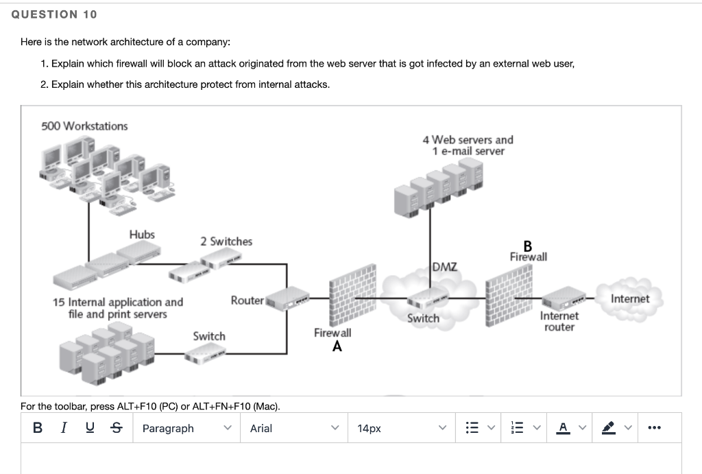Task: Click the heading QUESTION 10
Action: [54, 14]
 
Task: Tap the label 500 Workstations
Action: [84, 126]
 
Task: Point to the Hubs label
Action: [142, 235]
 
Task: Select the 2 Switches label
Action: [226, 241]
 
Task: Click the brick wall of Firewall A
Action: [352, 295]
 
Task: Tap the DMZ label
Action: [445, 266]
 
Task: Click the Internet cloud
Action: [629, 298]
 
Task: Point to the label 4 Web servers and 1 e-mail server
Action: [468, 145]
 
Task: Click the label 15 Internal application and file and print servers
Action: [118, 308]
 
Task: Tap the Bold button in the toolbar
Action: [38, 428]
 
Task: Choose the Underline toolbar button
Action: [90, 428]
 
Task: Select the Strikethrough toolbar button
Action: [116, 428]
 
